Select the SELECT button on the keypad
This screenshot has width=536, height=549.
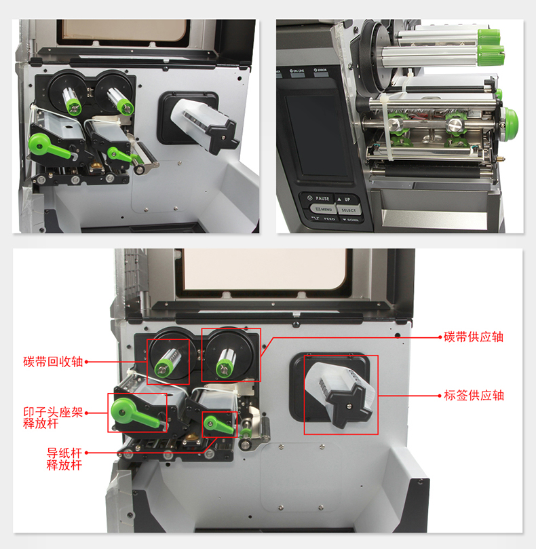click(349, 210)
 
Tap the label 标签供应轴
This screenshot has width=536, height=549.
click(474, 395)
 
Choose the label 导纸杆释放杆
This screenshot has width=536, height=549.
click(64, 459)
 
